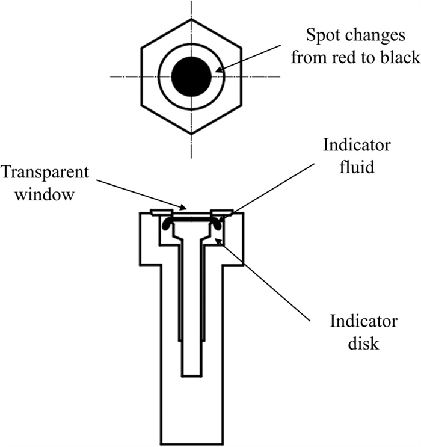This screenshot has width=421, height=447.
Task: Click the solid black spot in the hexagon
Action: pyautogui.click(x=191, y=76)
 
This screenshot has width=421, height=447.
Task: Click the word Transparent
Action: pyautogui.click(x=45, y=171)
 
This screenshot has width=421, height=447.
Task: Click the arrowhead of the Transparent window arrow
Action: pyautogui.click(x=180, y=208)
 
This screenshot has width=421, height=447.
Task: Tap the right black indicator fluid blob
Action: pyautogui.click(x=215, y=224)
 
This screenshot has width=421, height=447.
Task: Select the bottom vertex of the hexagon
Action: pyautogui.click(x=191, y=133)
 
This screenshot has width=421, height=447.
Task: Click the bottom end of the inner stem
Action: pyautogui.click(x=191, y=375)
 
